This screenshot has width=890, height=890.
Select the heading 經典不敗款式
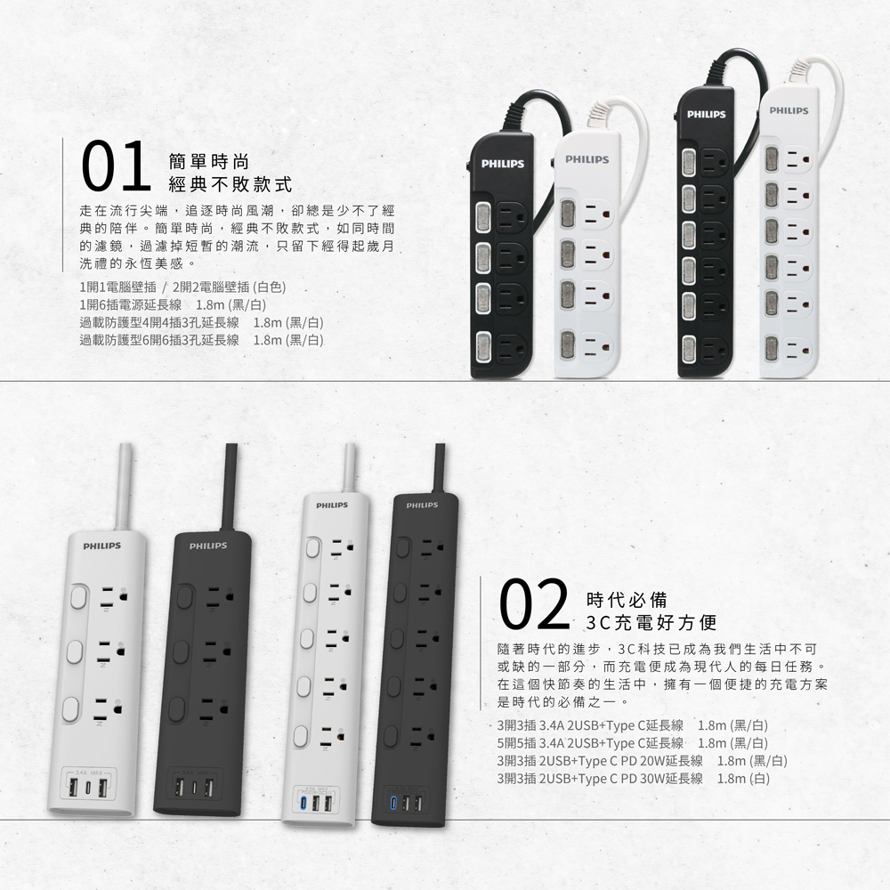pos(231,185)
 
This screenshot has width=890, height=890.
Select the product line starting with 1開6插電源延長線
pos(201,305)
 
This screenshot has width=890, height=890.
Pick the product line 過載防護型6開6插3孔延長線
pos(201,339)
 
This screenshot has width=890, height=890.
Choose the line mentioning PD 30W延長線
pos(634,777)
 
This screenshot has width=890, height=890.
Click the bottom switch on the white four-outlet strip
pos(566,342)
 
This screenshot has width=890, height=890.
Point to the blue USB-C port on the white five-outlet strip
pos(302,804)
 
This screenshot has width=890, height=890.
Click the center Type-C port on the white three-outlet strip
pos(88,789)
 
